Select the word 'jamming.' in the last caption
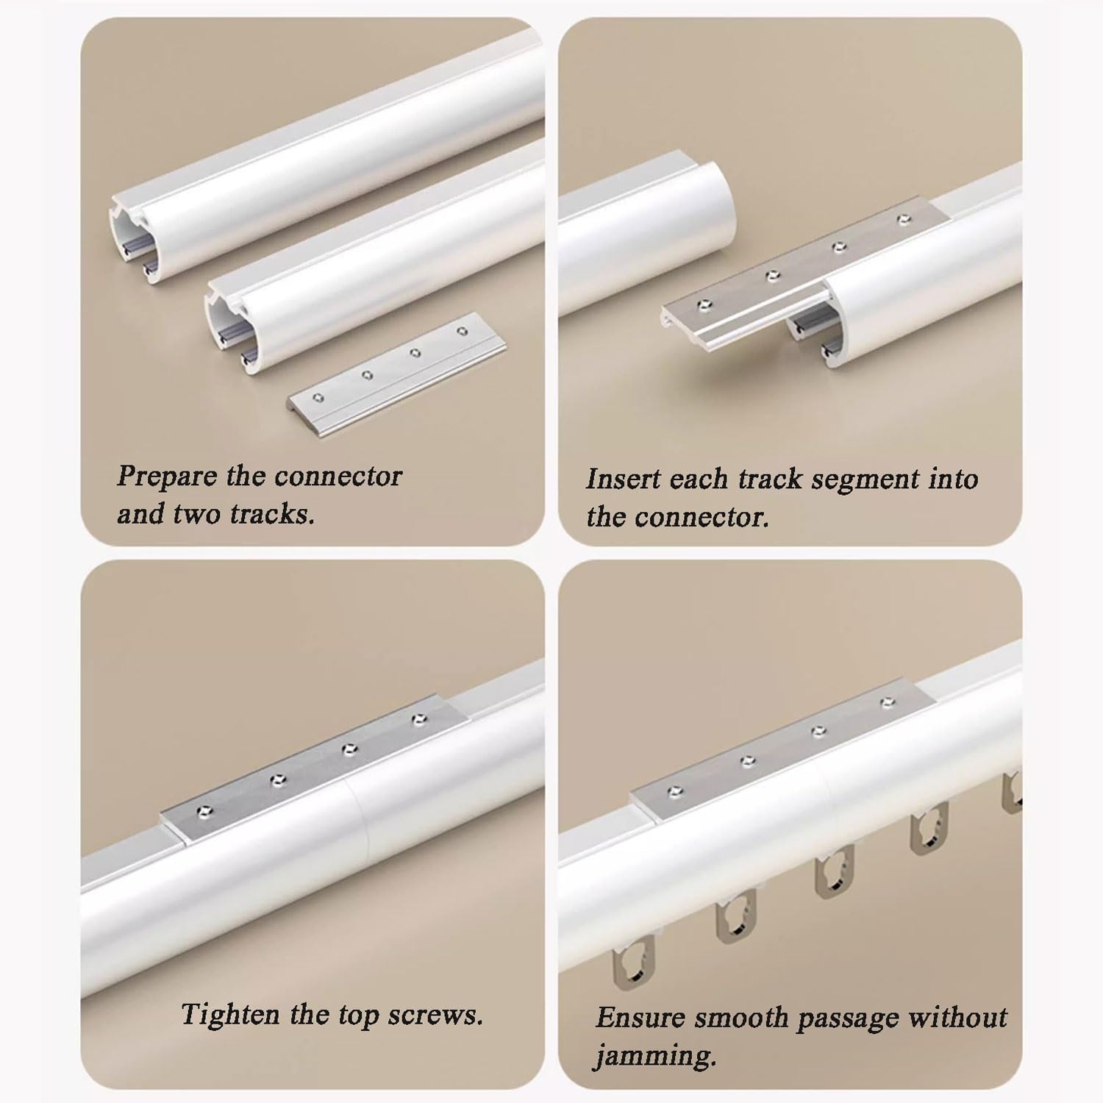654,1056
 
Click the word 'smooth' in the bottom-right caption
743,1018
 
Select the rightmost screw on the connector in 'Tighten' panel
419,718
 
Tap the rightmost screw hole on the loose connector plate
462,332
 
